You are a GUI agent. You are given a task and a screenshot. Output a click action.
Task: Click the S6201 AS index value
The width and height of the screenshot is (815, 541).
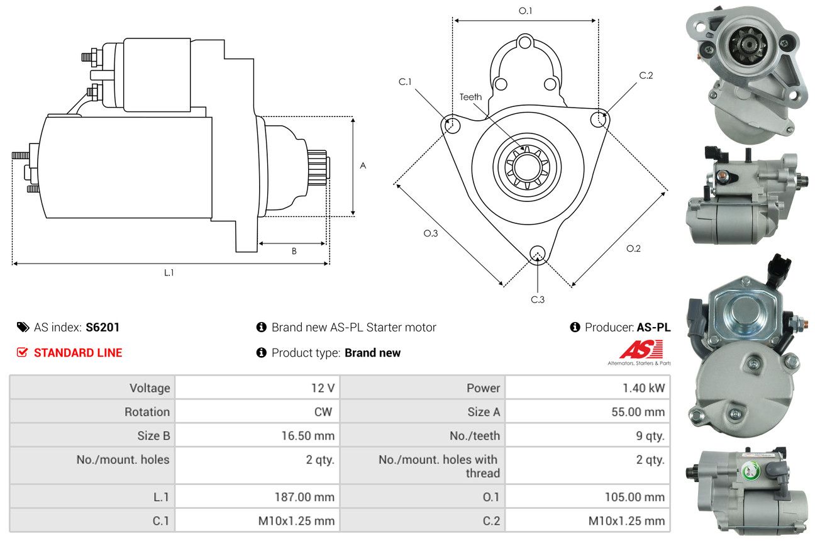103,327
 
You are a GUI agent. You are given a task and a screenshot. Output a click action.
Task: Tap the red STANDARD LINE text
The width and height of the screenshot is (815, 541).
78,353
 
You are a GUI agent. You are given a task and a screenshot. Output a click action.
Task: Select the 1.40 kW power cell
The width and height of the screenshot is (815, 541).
643,388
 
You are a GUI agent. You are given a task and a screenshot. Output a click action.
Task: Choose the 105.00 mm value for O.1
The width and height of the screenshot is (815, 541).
635,497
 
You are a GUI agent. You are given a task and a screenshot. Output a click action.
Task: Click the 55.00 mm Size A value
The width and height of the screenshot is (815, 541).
637,412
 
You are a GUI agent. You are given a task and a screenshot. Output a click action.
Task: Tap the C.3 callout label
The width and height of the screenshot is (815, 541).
538,299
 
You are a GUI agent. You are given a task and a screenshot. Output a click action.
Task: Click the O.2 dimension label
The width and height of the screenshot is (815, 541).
633,248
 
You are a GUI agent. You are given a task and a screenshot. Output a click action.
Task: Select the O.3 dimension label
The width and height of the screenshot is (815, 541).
430,233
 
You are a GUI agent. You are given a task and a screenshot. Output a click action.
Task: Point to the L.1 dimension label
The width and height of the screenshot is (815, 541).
169,272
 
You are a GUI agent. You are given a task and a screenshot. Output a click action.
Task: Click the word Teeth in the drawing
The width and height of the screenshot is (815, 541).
470,97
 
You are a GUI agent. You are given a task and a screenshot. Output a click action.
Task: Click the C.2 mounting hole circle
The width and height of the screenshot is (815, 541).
600,119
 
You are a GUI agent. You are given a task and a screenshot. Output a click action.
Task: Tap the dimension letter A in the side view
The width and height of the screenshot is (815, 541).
363,166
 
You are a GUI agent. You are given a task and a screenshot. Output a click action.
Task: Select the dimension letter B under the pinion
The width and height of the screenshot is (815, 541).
294,251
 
